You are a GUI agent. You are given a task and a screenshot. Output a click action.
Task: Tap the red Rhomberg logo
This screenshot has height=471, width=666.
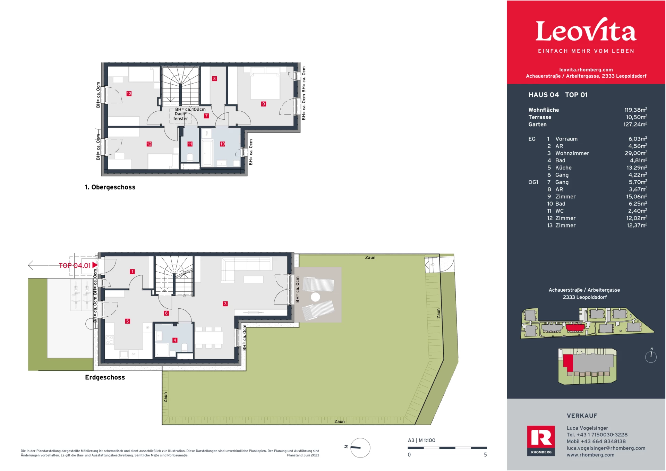(541, 440)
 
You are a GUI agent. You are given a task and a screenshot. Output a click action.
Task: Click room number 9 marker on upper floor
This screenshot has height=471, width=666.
(264, 104)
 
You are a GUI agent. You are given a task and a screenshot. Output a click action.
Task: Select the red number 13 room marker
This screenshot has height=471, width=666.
(129, 94)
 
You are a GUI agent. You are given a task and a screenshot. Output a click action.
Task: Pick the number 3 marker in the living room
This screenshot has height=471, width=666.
(225, 304)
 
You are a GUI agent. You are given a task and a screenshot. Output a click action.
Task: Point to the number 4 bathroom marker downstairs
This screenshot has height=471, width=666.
(175, 340)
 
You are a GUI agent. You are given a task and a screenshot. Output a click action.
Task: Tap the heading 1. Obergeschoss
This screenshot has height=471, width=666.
(110, 187)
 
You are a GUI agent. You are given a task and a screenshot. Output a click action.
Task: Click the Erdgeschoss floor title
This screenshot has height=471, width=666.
(105, 377)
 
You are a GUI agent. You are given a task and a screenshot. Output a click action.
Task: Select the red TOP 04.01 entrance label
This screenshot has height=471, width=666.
(75, 266)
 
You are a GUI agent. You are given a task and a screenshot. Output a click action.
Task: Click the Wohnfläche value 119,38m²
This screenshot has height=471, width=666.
(636, 110)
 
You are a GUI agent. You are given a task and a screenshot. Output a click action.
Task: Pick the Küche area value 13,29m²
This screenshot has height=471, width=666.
(637, 168)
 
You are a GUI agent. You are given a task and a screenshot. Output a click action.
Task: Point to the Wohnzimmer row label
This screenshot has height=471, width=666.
(572, 153)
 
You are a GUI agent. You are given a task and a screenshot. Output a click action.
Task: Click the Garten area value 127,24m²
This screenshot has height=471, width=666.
(635, 124)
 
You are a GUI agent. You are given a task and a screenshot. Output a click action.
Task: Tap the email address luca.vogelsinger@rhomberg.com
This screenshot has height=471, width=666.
(606, 448)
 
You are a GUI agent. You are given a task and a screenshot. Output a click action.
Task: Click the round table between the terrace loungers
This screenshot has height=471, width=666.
(315, 297)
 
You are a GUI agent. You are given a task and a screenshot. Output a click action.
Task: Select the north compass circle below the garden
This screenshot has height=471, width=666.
(360, 448)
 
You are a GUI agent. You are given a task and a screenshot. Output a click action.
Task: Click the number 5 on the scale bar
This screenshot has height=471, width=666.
(485, 455)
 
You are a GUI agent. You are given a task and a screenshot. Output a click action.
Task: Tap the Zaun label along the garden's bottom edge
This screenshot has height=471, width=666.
(340, 422)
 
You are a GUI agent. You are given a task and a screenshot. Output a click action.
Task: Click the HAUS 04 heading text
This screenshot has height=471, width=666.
(544, 95)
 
